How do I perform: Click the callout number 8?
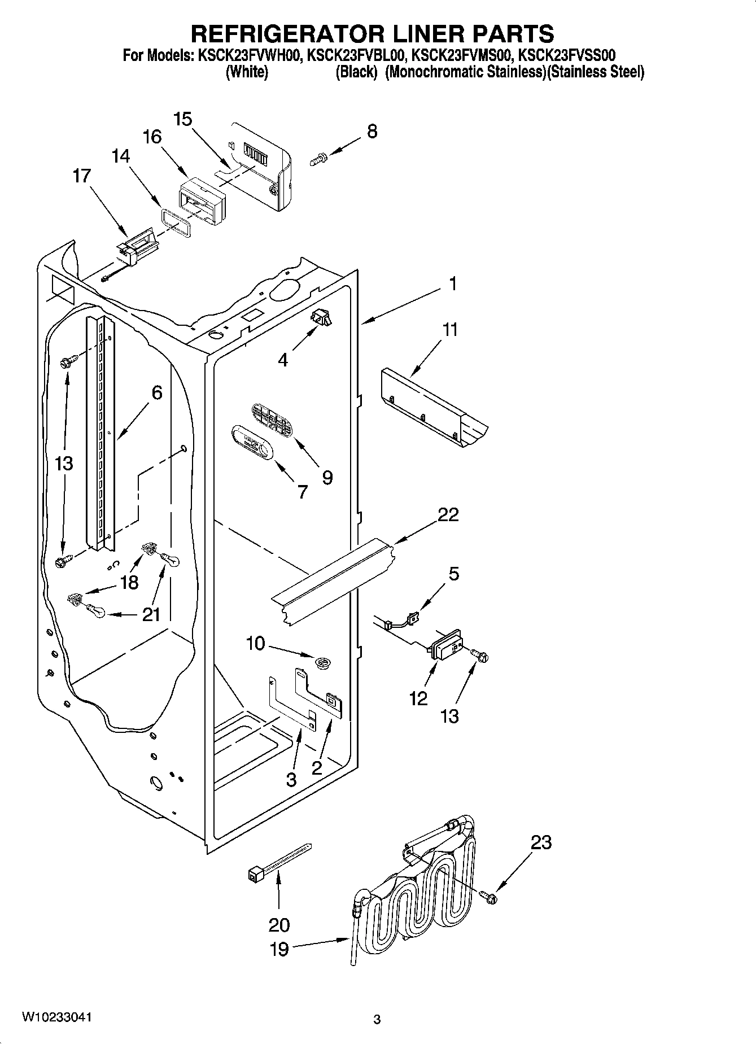(x=372, y=131)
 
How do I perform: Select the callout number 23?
(x=541, y=842)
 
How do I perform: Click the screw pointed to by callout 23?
(x=488, y=896)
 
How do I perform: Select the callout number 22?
(x=448, y=514)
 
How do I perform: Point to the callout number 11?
(x=450, y=329)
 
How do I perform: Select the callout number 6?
(x=157, y=392)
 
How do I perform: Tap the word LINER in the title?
(x=402, y=33)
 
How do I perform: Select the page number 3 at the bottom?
(x=377, y=1019)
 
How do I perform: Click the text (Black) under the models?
(x=355, y=72)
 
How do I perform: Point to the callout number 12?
(x=418, y=698)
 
